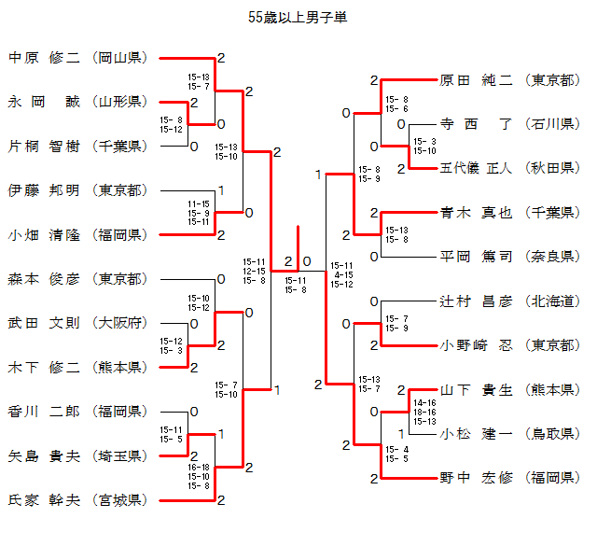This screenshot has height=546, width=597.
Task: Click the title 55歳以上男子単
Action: tap(298, 18)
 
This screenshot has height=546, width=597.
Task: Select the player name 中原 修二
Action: tap(44, 58)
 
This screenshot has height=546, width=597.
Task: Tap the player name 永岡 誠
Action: tap(44, 102)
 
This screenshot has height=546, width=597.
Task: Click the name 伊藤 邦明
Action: tap(44, 190)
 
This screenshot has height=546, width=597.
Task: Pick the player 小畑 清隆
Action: tap(44, 234)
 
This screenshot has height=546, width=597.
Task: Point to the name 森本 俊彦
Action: tap(44, 279)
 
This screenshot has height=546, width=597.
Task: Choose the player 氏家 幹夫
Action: tap(44, 500)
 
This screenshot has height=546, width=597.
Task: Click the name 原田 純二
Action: tap(476, 80)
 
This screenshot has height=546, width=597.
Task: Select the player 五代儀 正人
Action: tap(476, 168)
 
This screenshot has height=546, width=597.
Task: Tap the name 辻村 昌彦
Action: tap(476, 301)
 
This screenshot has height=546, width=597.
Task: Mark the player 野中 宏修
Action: tap(476, 478)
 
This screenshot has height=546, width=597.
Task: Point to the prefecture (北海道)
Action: tap(552, 301)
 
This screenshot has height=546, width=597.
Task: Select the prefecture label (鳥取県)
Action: tap(552, 434)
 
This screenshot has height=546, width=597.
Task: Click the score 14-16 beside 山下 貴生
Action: tap(424, 403)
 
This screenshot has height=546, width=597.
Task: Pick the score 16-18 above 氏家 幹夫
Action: tap(199, 467)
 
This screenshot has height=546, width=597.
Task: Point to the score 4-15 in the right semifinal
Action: tap(343, 274)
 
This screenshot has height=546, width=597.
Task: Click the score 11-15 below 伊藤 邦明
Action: tap(199, 204)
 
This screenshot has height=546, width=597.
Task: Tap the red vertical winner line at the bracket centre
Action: tap(298, 248)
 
